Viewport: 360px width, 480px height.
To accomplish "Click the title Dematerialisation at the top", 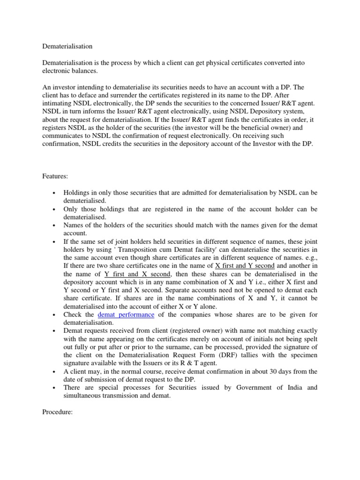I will point(67,47).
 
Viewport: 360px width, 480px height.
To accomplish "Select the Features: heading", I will point(56,176).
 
